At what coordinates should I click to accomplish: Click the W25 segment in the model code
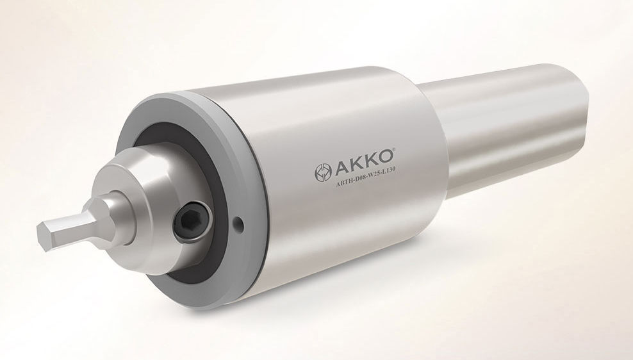(x=380, y=183)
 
